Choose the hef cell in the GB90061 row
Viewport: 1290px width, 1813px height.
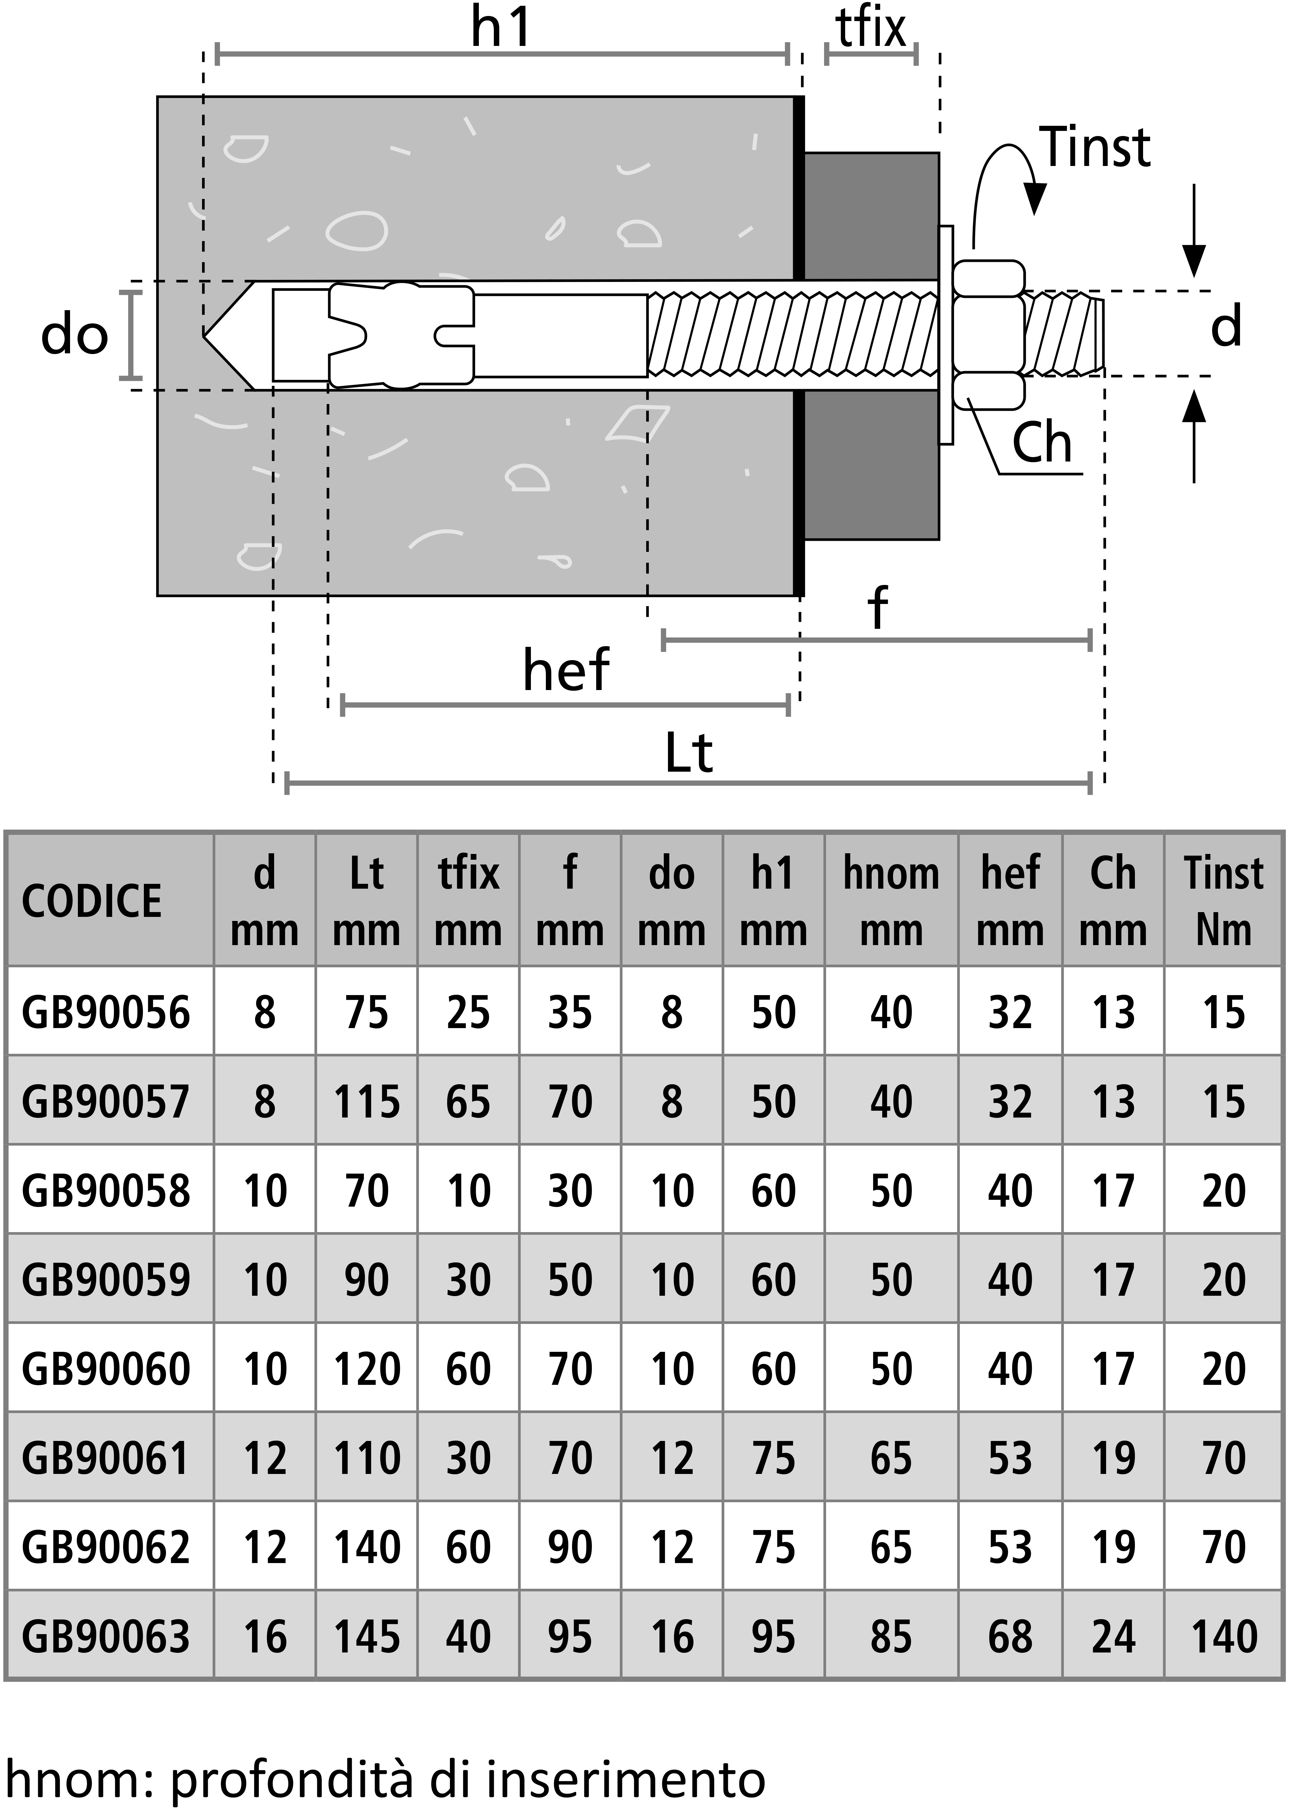(x=1010, y=1458)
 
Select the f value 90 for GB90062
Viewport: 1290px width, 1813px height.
(x=570, y=1547)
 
